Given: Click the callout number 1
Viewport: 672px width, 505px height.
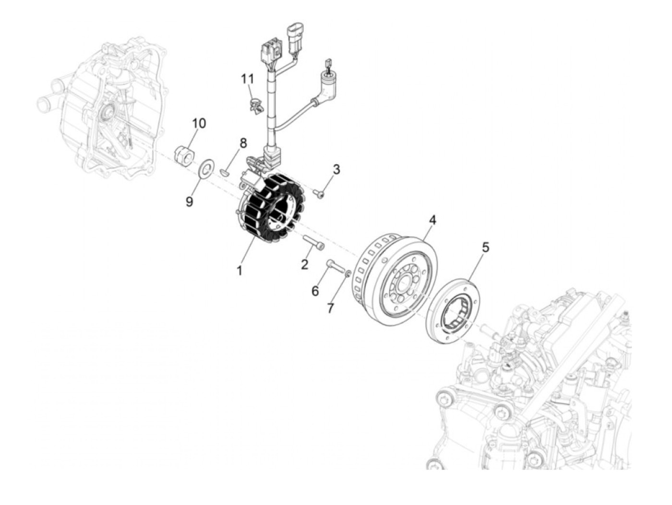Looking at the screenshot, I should click(239, 271).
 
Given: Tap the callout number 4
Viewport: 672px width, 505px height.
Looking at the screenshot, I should click(432, 220).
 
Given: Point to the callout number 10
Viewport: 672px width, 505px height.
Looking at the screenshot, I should click(199, 123).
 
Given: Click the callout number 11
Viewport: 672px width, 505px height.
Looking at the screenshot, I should click(247, 78).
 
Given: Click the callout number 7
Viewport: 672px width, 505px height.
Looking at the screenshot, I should click(330, 308).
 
